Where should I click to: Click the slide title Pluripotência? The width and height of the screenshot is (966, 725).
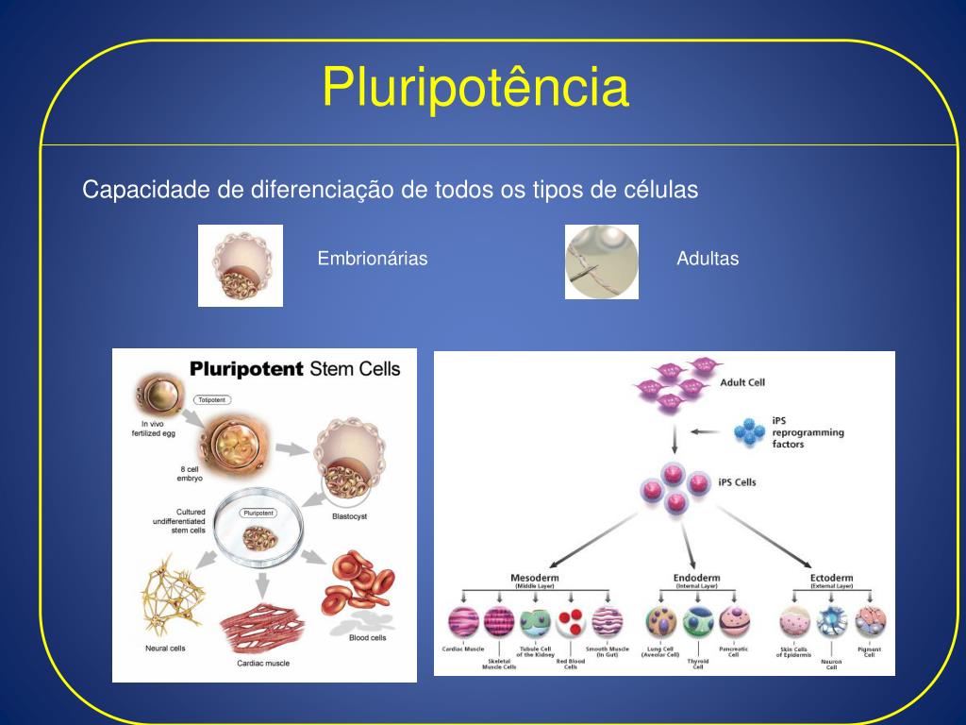pos(475,88)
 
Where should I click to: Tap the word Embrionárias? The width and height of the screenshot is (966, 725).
pos(373,259)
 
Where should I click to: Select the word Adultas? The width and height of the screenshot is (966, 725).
pos(708,259)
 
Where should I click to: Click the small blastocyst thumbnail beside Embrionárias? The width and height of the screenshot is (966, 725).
pos(241,265)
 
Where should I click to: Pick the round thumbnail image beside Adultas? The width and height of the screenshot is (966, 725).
pos(602,261)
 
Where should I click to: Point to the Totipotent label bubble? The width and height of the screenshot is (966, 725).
pos(211,400)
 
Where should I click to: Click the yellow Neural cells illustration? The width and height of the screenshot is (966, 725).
pos(172,599)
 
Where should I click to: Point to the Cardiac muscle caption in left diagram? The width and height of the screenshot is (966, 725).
pos(263,664)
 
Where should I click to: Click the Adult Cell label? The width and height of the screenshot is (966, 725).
pos(742,382)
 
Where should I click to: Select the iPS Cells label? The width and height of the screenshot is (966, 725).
pos(737,482)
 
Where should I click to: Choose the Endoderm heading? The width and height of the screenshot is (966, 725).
pos(698,577)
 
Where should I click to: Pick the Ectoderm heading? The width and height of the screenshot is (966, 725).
pos(831,577)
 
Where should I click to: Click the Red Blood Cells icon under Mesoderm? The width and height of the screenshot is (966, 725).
pos(571,622)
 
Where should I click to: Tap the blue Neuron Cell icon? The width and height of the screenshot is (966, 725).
pos(831,621)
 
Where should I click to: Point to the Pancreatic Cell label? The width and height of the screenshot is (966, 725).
pos(733,651)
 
